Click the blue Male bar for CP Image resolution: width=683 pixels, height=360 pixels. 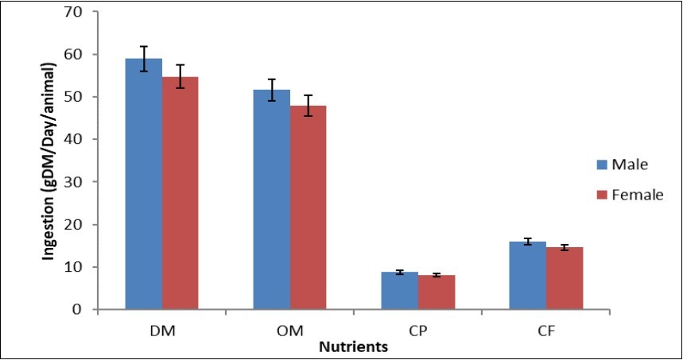(399, 291)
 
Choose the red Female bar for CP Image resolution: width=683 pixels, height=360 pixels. (437, 292)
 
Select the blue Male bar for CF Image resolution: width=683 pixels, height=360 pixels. (527, 276)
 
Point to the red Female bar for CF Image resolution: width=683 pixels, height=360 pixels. (565, 278)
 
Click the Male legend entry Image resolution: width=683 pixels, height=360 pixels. (623, 165)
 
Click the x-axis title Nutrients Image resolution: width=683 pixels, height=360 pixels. (353, 347)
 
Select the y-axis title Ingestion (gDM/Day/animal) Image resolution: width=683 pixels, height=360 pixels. (49, 160)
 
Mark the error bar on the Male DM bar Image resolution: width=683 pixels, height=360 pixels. (144, 59)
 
